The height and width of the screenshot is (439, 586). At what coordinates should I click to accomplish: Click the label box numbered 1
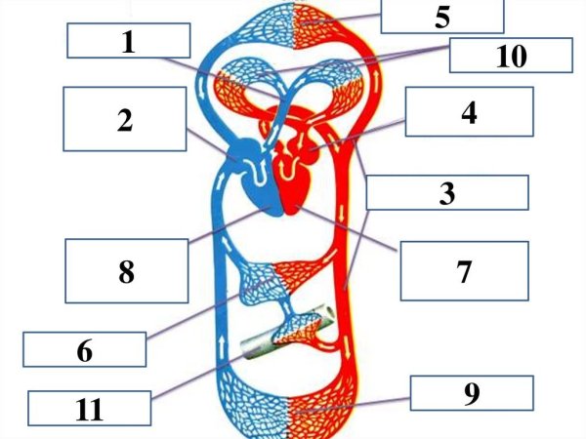tap(128, 41)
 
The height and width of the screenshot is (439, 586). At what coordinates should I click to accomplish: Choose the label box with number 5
tap(442, 16)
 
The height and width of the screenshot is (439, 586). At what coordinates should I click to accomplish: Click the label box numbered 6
tap(84, 348)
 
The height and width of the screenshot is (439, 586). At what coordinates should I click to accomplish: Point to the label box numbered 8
tap(127, 270)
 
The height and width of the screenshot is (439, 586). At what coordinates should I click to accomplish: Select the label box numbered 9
tap(472, 393)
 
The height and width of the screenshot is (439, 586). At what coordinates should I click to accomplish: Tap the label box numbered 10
tap(511, 56)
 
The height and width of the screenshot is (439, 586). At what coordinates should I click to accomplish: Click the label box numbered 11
tap(90, 409)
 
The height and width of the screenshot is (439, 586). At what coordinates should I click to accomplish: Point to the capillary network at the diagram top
tap(293, 27)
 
